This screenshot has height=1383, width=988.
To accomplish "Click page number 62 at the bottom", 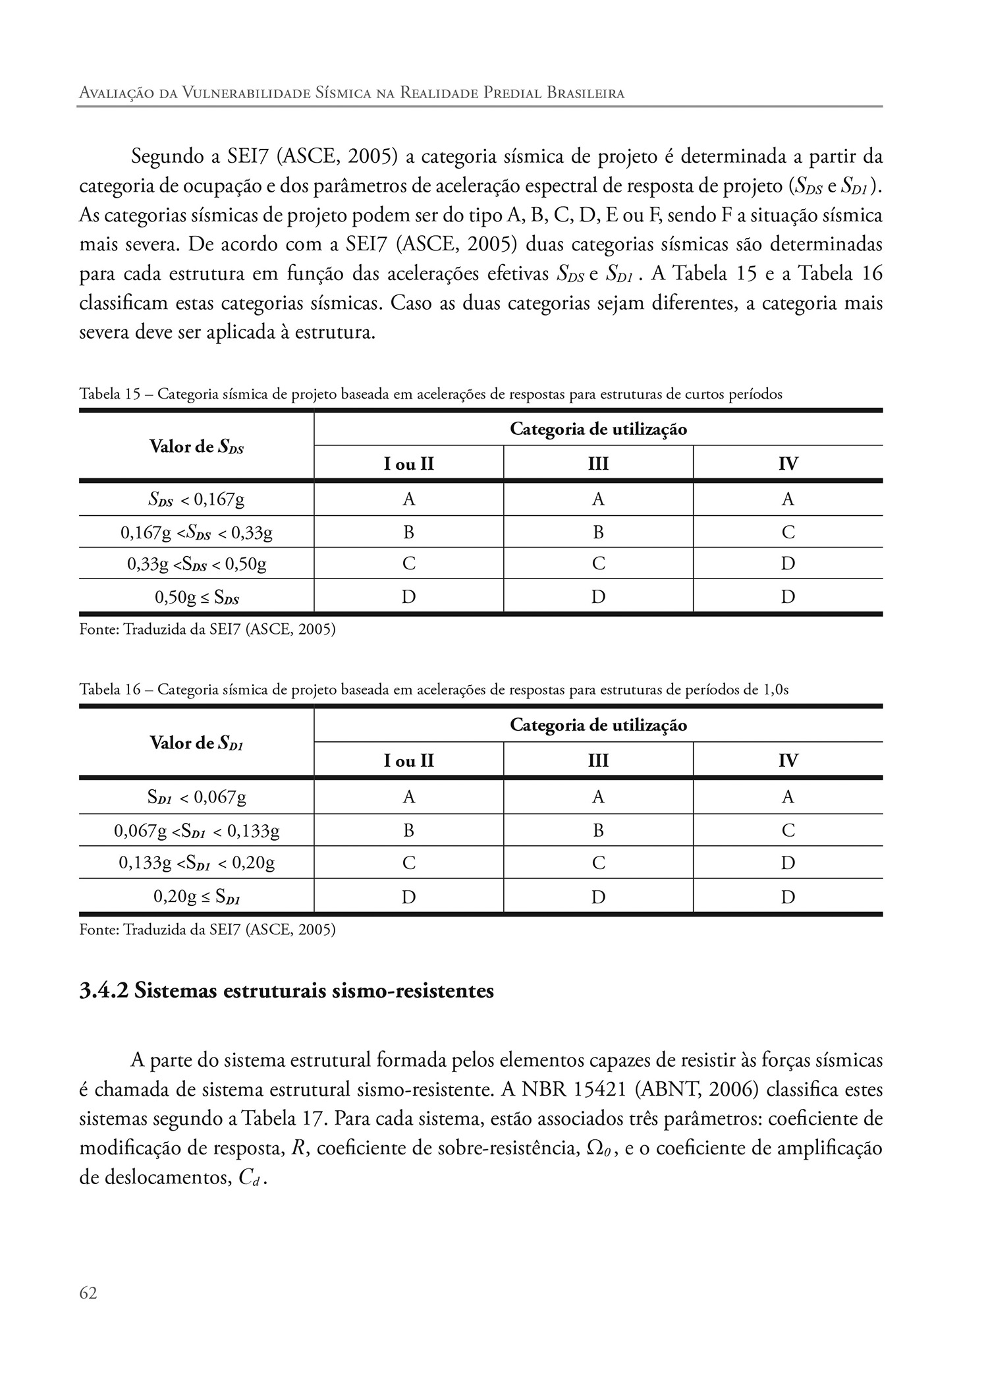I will coord(88,1293).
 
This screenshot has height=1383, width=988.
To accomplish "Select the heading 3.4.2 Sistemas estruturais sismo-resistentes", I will coord(287,991).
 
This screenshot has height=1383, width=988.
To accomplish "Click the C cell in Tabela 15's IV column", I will coord(788,532).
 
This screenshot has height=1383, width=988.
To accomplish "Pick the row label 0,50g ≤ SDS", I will coord(196,598).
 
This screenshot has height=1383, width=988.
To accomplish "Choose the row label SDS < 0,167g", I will coord(196,499).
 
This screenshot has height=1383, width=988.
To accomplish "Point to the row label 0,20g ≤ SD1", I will coord(196,897).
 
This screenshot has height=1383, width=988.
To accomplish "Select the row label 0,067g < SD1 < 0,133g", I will coord(196,831).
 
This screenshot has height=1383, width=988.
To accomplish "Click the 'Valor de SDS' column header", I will coord(196,447).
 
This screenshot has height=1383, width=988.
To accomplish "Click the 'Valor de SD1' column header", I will coord(196,744).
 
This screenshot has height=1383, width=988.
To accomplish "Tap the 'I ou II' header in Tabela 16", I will coord(408,761).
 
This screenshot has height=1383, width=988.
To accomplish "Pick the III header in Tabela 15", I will coord(598,464).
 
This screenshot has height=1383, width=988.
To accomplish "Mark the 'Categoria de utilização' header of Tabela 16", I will coord(598,725).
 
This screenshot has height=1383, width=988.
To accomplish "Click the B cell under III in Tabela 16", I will coord(598,831).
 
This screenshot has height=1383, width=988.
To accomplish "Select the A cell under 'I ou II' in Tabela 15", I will coord(408,499).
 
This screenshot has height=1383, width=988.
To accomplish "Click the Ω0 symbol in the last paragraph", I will coord(597,1148).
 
